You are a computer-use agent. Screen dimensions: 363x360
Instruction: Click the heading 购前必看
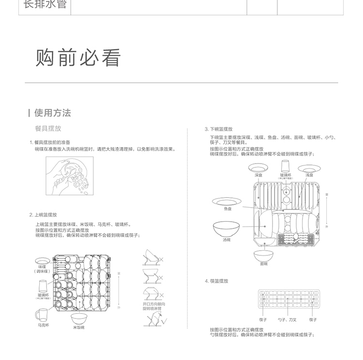[77, 58]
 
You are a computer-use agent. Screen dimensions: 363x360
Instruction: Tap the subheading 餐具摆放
[48, 129]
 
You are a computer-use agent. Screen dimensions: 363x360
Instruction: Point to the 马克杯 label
[44, 326]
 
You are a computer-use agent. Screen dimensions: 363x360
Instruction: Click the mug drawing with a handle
[43, 315]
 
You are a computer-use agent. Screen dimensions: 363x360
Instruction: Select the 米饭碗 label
[79, 328]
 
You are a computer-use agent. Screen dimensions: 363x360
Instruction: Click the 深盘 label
[258, 175]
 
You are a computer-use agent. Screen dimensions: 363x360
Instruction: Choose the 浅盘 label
[309, 175]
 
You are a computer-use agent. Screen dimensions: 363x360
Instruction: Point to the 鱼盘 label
[227, 209]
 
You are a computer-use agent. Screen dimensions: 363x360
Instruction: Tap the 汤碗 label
[227, 240]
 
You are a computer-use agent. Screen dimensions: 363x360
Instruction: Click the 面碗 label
[263, 264]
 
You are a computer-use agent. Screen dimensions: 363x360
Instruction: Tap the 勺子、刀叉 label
[287, 320]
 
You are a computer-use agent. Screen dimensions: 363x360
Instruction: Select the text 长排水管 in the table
[45, 6]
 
